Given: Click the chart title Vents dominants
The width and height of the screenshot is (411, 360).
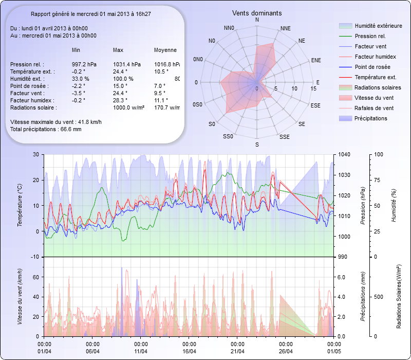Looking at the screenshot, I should coord(256,13).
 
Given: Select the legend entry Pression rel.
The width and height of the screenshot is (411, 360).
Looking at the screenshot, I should coord(370,36).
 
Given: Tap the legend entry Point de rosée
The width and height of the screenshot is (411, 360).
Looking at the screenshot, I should coord(372,67).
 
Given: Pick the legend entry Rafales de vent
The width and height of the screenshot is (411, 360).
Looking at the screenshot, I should coord(374,108).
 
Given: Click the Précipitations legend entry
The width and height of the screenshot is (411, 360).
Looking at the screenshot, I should coord(371,118).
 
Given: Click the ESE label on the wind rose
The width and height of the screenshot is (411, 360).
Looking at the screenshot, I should coord(317,105).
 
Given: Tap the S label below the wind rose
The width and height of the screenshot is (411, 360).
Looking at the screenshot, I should coord(257,145).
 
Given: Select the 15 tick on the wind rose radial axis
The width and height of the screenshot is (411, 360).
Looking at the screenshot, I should coord(313,89).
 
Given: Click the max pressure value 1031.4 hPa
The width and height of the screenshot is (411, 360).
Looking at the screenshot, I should coord(126,64).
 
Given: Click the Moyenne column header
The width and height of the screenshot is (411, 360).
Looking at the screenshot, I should coord(165,50).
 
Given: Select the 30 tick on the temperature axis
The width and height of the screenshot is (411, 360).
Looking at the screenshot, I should coord(35,154).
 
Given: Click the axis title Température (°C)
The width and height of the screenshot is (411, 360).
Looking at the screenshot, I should coord(20,206).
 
